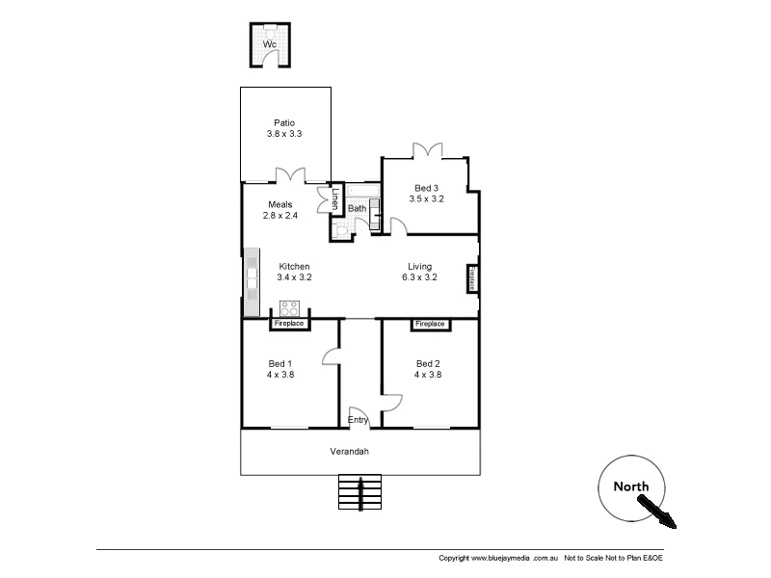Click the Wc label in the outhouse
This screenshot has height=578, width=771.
(270, 45)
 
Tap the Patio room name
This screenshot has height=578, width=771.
(283, 122)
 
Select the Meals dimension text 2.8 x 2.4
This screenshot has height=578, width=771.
(280, 216)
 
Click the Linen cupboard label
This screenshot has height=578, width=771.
(335, 198)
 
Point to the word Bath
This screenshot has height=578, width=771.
(357, 208)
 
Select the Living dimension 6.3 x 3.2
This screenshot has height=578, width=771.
(419, 277)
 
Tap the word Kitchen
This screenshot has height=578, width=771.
(294, 266)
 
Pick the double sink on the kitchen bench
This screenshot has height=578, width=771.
(252, 278)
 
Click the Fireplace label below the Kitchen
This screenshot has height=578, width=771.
(289, 324)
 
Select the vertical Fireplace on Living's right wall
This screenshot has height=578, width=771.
(472, 277)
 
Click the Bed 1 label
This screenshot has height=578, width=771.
(279, 363)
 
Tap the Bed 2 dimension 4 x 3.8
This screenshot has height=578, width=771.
(428, 375)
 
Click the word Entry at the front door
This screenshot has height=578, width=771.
(358, 420)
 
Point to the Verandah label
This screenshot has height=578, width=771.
(350, 451)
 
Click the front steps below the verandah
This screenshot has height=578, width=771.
(359, 492)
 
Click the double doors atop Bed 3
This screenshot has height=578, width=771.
(427, 149)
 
